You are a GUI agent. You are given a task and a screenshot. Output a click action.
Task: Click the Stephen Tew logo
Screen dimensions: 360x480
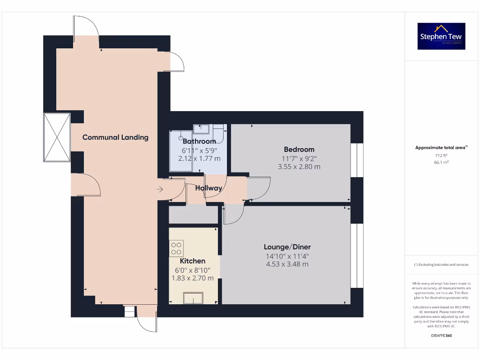pos(441,36)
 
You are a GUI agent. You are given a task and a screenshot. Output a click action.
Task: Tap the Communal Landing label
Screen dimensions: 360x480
pos(115,137)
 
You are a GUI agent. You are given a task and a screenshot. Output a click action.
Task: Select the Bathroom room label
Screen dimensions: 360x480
pos(199,141)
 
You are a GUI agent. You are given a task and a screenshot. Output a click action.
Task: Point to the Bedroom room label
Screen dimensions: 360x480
pos(298,150)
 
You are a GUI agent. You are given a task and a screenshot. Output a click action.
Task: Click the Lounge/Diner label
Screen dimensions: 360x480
pos(287,247)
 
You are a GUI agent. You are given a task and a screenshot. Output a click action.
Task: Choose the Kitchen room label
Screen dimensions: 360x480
pos(192,261)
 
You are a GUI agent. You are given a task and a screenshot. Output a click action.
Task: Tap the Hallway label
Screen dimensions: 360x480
pos(209,188)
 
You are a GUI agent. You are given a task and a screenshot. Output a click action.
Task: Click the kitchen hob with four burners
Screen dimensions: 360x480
pos(176,248)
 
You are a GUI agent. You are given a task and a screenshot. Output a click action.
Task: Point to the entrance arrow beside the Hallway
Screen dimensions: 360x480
pos(160,189)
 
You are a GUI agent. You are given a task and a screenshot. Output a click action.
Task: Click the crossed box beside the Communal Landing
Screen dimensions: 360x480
pos(57,137)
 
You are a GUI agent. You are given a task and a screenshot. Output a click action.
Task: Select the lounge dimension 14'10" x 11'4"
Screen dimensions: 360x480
pos(287,256)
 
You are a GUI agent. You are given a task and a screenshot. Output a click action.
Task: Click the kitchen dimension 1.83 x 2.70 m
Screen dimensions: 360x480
pos(192,278)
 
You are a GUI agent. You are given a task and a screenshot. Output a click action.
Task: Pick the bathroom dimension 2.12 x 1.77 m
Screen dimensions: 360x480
pos(199,158)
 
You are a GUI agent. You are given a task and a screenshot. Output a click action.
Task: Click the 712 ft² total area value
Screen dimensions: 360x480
pos(441,155)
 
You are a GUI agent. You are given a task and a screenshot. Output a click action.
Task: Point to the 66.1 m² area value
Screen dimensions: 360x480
pos(441,162)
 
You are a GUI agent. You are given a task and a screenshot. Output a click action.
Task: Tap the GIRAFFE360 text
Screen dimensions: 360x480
pos(441,336)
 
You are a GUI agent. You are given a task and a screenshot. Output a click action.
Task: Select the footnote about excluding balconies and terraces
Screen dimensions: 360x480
pos(441,265)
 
